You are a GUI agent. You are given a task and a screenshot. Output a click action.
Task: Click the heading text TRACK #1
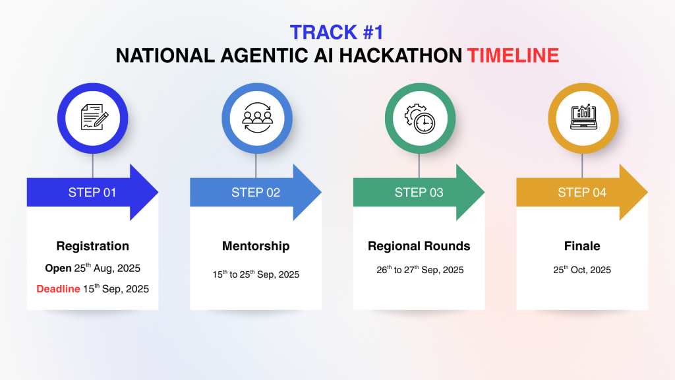tap(336, 32)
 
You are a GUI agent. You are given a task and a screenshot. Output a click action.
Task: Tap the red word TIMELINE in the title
tap(513, 55)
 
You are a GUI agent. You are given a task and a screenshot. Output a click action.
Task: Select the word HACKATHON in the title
tap(400, 55)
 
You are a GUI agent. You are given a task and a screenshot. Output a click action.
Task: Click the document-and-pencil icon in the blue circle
tap(94, 117)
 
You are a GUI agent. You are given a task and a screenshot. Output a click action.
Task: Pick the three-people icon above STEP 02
tap(258, 117)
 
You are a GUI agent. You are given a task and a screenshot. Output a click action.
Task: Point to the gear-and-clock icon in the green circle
tap(420, 119)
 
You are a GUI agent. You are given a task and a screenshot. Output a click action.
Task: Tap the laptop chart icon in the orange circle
tap(583, 117)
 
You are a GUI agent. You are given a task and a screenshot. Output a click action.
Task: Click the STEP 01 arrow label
tap(92, 193)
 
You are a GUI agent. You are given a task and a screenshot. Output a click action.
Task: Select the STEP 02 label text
tap(256, 193)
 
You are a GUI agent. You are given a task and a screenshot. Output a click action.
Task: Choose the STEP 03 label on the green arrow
tap(419, 193)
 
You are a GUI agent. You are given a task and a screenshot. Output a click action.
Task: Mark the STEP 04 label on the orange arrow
tap(582, 193)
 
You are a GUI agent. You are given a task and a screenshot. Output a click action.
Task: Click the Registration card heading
tap(92, 246)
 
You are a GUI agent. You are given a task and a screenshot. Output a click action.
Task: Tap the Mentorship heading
tap(256, 246)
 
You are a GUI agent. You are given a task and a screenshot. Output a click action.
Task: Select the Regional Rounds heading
tap(419, 246)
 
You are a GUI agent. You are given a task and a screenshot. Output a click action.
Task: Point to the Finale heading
tap(582, 246)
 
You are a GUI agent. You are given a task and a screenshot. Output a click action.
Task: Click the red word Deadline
tap(58, 289)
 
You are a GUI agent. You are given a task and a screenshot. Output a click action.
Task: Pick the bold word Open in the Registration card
tap(58, 268)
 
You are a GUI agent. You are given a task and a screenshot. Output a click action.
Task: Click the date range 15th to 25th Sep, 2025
tap(256, 274)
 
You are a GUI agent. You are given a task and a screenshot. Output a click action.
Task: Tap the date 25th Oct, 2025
tap(582, 270)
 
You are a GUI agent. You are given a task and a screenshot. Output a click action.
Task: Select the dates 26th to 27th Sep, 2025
tap(420, 270)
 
